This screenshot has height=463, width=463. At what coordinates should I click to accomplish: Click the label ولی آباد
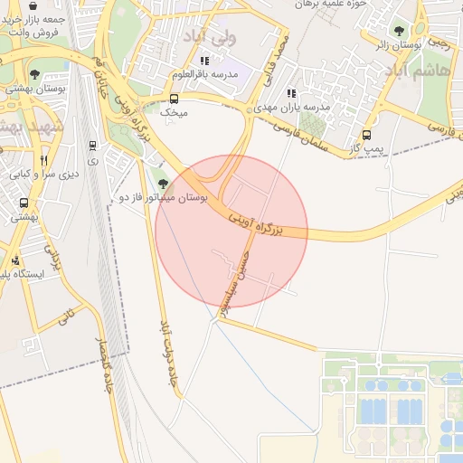[x=209, y=36]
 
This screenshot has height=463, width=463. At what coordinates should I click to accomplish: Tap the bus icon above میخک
[x=174, y=99]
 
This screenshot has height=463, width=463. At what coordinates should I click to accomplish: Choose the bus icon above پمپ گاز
[x=366, y=136]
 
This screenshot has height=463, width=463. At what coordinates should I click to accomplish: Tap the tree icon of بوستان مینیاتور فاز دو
[x=162, y=184]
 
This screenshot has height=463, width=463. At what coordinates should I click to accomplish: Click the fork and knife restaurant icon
[x=43, y=159]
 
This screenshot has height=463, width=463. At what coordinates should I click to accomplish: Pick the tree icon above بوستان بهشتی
[x=34, y=74]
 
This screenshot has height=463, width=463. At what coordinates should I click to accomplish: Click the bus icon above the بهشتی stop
[x=23, y=203]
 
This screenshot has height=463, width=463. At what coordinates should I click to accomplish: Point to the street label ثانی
[x=64, y=317]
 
